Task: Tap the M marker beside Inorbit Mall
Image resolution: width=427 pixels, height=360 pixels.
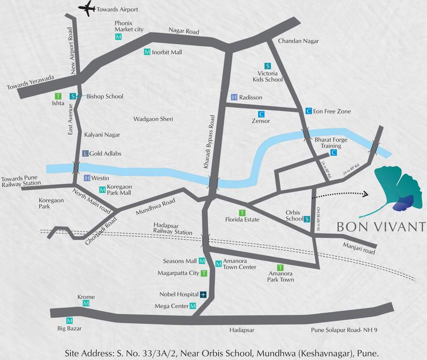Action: (x=147, y=52)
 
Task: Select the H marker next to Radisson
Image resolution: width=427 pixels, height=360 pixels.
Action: (x=234, y=97)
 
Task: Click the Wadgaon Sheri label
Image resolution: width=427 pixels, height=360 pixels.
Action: (x=153, y=119)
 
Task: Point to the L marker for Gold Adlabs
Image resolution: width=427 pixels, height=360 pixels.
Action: (x=85, y=153)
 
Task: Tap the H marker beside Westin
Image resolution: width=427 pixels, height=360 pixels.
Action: (x=87, y=178)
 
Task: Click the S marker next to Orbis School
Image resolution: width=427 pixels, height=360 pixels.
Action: (x=307, y=219)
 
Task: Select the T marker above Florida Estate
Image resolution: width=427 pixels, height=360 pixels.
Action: (x=242, y=213)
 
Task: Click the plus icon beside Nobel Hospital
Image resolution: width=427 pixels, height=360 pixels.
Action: (x=203, y=295)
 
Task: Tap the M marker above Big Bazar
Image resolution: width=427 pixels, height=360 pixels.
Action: (x=69, y=321)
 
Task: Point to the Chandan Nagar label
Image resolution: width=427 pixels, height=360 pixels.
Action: (x=298, y=41)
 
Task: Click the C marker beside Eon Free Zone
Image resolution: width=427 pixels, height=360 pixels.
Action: (x=308, y=111)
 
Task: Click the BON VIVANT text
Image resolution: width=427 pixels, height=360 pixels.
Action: (x=381, y=227)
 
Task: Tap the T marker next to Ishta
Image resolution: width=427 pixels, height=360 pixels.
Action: (x=58, y=96)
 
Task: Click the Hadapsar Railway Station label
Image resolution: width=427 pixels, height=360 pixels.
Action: (x=172, y=229)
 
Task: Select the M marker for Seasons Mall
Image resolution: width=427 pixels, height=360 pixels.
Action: (x=202, y=261)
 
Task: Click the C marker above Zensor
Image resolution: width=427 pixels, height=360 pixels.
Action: (x=261, y=114)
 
